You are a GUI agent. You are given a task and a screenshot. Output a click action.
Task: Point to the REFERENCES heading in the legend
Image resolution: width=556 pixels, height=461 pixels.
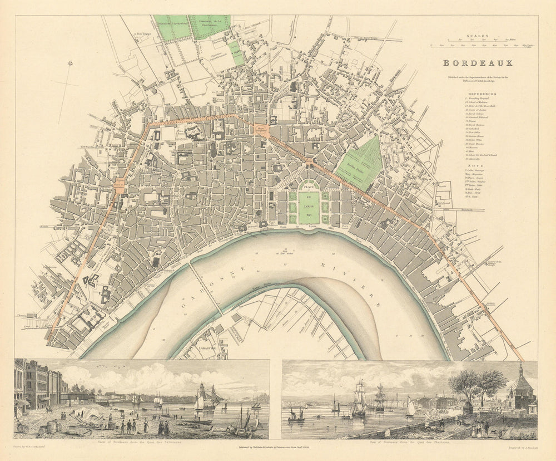click(x=481, y=95)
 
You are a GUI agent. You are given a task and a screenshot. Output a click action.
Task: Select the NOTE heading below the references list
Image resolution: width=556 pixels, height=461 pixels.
click(x=478, y=156)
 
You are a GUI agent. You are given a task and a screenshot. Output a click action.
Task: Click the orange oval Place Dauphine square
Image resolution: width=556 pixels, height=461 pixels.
click(x=261, y=130)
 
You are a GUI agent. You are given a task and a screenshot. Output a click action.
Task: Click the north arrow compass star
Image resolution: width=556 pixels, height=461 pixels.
click(x=69, y=63)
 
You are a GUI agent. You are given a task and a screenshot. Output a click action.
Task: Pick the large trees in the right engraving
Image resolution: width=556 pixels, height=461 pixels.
click(x=477, y=384)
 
